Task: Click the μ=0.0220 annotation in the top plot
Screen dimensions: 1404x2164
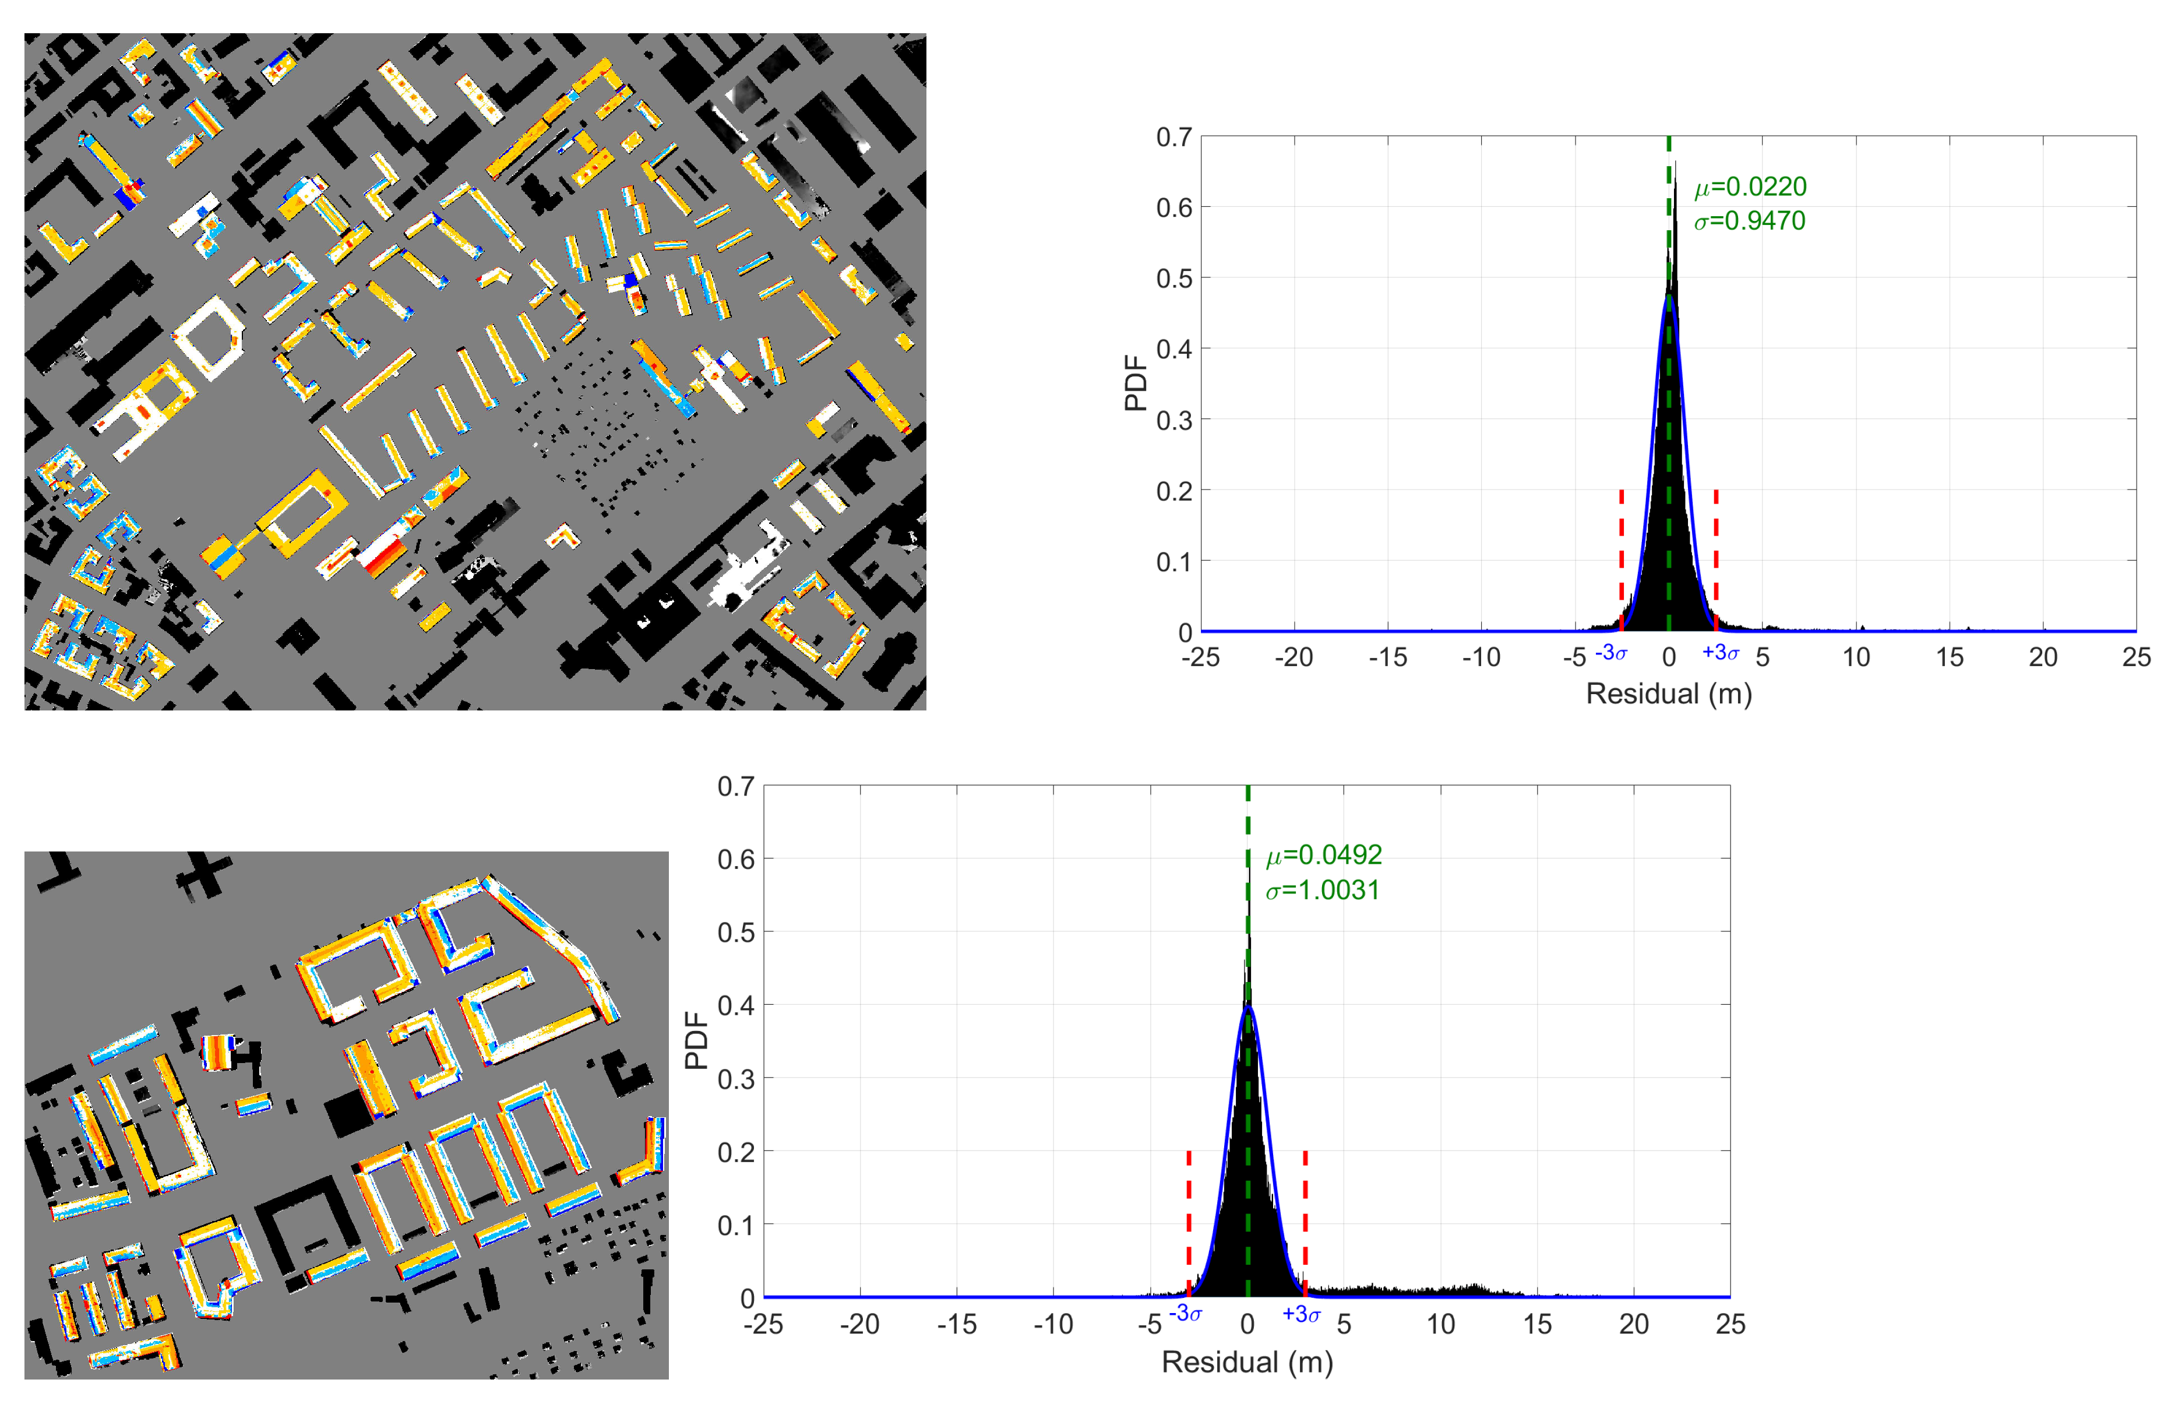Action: (1749, 187)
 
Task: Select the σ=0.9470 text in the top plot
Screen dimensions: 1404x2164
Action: (1749, 221)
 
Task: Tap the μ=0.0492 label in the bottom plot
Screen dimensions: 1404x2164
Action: (1324, 855)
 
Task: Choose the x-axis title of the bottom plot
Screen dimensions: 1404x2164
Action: (1247, 1361)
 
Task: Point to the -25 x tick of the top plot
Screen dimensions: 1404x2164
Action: (1200, 657)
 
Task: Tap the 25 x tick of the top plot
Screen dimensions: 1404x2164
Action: (2136, 657)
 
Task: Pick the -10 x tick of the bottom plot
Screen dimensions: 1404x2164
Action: (1053, 1324)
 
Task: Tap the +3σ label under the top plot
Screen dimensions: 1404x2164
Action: (1720, 653)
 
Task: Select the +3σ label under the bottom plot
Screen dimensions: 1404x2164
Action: (1301, 1314)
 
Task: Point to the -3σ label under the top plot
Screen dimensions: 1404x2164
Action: (1611, 653)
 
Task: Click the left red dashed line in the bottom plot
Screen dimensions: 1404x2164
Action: (1189, 1219)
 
